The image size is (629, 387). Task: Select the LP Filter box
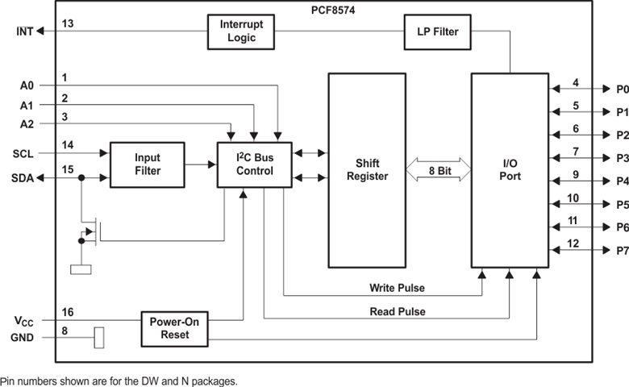click(436, 31)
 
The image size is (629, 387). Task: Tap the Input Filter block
click(148, 164)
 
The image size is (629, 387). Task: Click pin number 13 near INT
click(68, 24)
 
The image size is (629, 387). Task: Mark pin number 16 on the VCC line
click(68, 312)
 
